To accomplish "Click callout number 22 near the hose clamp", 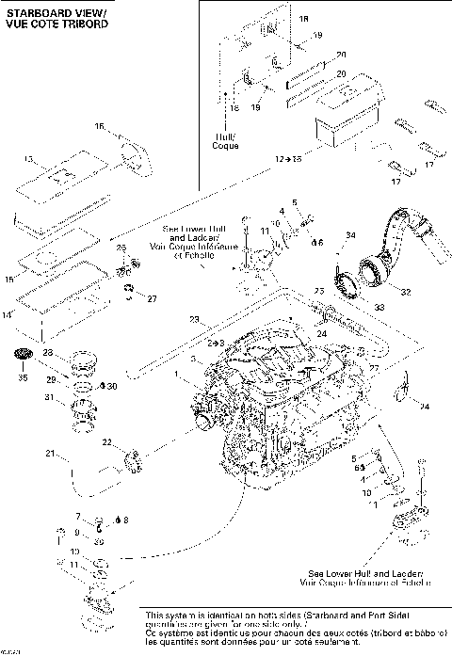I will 107,442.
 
